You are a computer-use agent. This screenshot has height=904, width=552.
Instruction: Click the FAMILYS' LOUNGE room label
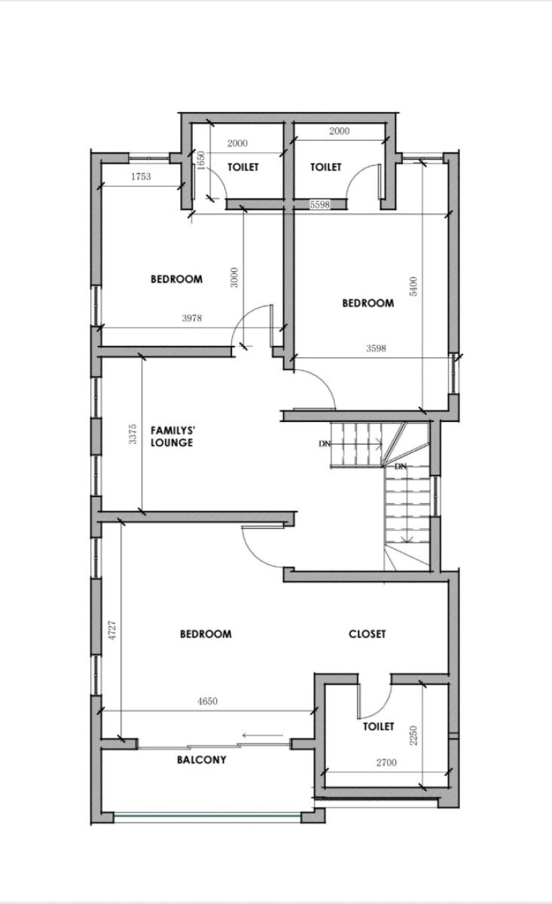coord(172,437)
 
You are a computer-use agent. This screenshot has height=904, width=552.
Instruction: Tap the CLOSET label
coord(367,634)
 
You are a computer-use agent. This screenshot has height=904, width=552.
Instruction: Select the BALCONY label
coord(201,760)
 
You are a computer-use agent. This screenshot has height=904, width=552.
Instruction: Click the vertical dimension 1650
coord(201,160)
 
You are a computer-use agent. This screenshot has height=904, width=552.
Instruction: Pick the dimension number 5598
coord(320,205)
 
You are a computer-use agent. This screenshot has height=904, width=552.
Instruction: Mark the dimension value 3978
coord(192,319)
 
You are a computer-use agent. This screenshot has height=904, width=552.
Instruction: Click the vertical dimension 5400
coord(413,286)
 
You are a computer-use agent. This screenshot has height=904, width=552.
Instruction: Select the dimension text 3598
coord(376,349)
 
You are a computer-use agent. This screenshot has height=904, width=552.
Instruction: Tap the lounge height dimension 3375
coord(133,435)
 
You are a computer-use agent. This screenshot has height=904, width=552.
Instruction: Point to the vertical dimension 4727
coord(112,631)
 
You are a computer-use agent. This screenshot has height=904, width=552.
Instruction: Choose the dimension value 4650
coord(207,701)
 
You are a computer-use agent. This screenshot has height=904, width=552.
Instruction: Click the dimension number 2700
coord(386,763)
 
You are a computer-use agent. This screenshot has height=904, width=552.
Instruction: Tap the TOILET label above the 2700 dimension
coord(378,727)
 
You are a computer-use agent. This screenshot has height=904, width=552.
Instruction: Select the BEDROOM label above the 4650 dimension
coord(206,634)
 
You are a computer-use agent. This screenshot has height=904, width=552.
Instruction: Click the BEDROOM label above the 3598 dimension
coord(367,304)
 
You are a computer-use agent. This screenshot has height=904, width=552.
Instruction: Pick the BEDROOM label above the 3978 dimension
coord(176,279)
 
